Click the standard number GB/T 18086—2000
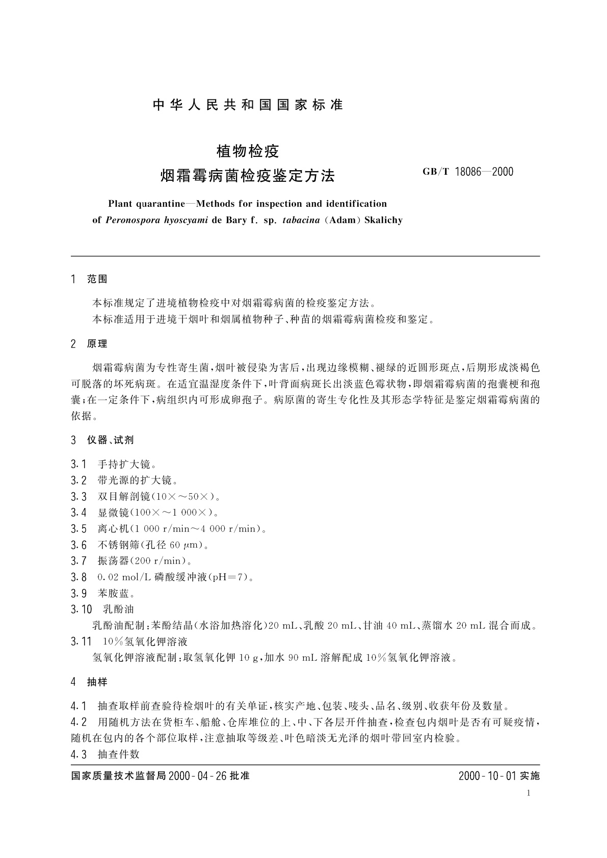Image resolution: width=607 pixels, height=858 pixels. pos(468,172)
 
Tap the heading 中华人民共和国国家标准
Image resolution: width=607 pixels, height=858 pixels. pos(248,105)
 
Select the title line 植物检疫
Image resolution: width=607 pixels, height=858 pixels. pos(248,151)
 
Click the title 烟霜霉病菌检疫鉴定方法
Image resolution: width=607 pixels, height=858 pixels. pos(248,176)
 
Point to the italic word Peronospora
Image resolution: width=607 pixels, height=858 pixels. pos(134,221)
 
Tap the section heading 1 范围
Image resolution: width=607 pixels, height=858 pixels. pos(90,279)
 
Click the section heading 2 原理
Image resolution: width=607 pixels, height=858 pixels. pos(90,344)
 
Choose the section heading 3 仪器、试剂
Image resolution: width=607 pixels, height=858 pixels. pos(102,440)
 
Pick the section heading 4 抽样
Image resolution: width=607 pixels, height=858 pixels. pos(90,682)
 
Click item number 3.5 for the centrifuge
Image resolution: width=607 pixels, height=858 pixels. pos(79,528)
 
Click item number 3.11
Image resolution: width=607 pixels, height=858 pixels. pos(81,641)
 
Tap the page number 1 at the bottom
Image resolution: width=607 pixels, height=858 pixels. pos(529,793)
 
